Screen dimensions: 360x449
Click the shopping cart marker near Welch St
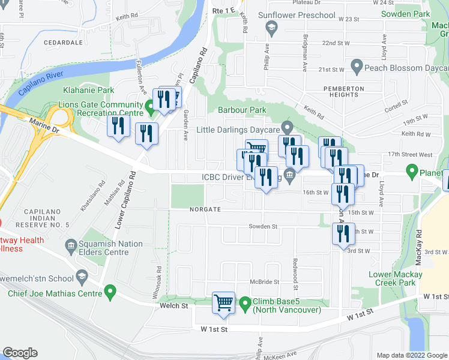pos(223,303)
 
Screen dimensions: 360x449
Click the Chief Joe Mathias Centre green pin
pos(109,293)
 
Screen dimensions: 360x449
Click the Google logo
pos(20,353)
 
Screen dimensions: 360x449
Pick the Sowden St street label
pos(264,227)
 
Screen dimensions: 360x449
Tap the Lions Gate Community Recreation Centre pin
pos(148,109)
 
